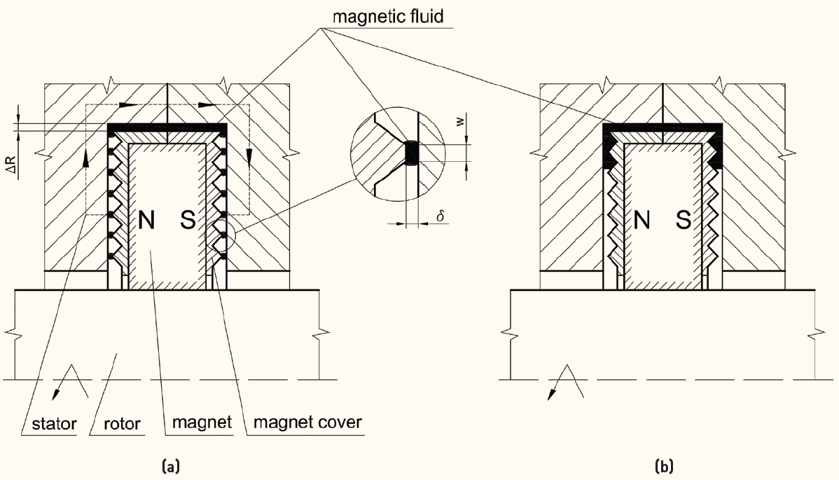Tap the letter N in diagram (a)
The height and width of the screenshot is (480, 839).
(x=148, y=222)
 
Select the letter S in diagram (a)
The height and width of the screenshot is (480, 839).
(x=188, y=222)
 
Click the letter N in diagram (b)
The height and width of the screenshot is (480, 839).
(x=643, y=222)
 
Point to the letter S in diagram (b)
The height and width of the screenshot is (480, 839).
(x=684, y=222)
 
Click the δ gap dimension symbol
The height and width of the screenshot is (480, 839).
(x=441, y=217)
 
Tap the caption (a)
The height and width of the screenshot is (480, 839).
(x=171, y=465)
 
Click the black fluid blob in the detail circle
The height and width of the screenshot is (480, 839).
(x=411, y=153)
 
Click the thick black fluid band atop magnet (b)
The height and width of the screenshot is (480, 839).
(x=663, y=129)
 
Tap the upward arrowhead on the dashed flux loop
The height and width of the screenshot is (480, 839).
(x=85, y=158)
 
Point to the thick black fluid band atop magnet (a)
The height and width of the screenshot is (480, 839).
(x=168, y=128)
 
